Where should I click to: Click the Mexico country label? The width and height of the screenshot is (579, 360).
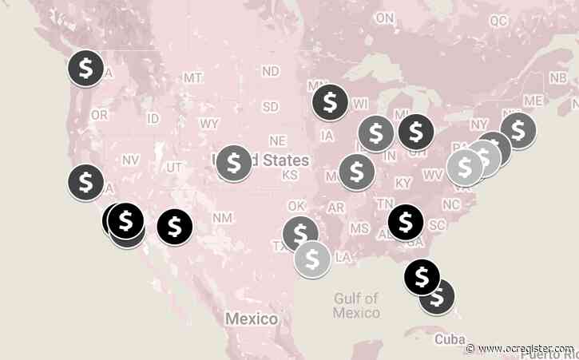(x=251, y=318)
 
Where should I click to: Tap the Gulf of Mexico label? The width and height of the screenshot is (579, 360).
(x=356, y=305)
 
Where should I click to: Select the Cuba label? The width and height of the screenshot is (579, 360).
(x=449, y=339)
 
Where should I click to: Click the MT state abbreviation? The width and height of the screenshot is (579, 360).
(x=192, y=78)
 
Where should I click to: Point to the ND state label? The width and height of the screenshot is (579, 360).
(x=271, y=71)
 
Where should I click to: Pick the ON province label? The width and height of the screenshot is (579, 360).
(x=384, y=18)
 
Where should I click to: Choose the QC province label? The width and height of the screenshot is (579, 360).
(x=498, y=19)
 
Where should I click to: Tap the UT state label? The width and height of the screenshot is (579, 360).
(x=175, y=167)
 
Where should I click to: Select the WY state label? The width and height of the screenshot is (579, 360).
(x=209, y=124)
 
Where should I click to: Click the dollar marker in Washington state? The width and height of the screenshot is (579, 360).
(x=85, y=68)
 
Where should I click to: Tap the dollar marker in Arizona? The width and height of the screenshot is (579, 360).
(x=174, y=227)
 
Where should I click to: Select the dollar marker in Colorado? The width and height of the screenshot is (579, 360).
(x=233, y=163)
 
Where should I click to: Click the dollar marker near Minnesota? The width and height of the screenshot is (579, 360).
(x=330, y=101)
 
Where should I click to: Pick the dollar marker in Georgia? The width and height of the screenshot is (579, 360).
(x=405, y=221)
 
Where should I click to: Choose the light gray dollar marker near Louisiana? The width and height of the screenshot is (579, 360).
(x=312, y=258)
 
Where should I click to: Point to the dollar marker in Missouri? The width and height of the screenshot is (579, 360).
(x=356, y=171)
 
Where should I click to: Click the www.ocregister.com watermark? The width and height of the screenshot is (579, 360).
(x=521, y=349)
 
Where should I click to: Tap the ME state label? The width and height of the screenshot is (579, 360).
(x=533, y=101)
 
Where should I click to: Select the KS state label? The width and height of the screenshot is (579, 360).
(x=290, y=175)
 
